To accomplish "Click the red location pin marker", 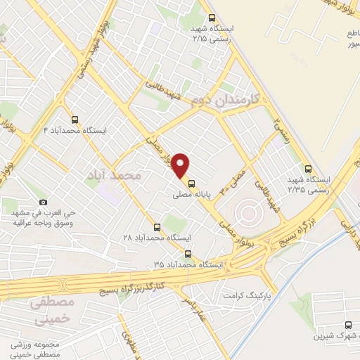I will [182, 165].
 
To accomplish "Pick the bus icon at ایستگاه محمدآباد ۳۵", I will [188, 253].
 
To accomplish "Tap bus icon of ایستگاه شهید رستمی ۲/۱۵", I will [212, 18].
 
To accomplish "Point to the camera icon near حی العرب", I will [42, 202].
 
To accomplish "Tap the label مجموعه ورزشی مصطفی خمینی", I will [39, 349].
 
